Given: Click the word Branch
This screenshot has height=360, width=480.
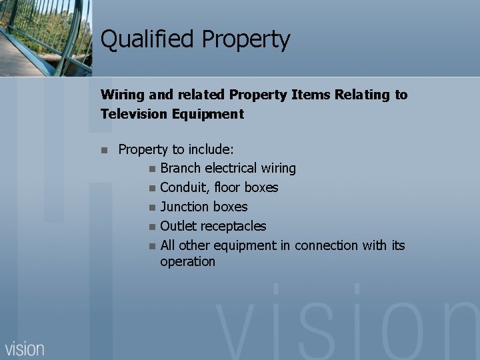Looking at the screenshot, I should pyautogui.click(x=181, y=169).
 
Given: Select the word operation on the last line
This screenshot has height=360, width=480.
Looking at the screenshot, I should pyautogui.click(x=187, y=262).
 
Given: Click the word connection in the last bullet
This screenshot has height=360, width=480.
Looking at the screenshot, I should pyautogui.click(x=325, y=246).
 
